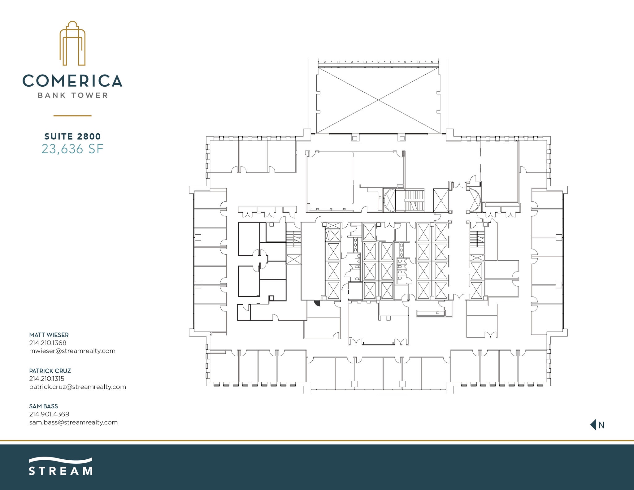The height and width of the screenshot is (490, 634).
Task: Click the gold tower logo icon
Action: click(72, 43)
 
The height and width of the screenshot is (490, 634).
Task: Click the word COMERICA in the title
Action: click(72, 81)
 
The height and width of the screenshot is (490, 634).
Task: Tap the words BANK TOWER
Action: click(73, 95)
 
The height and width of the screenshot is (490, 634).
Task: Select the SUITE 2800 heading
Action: click(72, 137)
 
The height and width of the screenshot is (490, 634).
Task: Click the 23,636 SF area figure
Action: click(72, 149)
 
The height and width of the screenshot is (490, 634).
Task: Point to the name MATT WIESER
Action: click(49, 335)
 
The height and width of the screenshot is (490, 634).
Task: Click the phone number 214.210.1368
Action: click(48, 343)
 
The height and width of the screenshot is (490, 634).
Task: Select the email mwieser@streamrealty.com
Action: click(72, 351)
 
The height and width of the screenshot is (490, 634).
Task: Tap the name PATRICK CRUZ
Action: click(50, 371)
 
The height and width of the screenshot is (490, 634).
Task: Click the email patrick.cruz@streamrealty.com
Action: click(77, 387)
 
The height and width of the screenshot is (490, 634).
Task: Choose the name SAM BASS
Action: click(44, 406)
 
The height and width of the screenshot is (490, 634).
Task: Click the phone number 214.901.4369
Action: click(49, 414)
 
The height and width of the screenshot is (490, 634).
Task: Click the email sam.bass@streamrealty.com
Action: click(73, 423)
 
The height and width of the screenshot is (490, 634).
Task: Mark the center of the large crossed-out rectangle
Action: click(379, 100)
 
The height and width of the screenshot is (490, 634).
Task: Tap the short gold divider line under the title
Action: click(72, 116)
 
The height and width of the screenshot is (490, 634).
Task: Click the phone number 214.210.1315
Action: click(47, 379)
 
